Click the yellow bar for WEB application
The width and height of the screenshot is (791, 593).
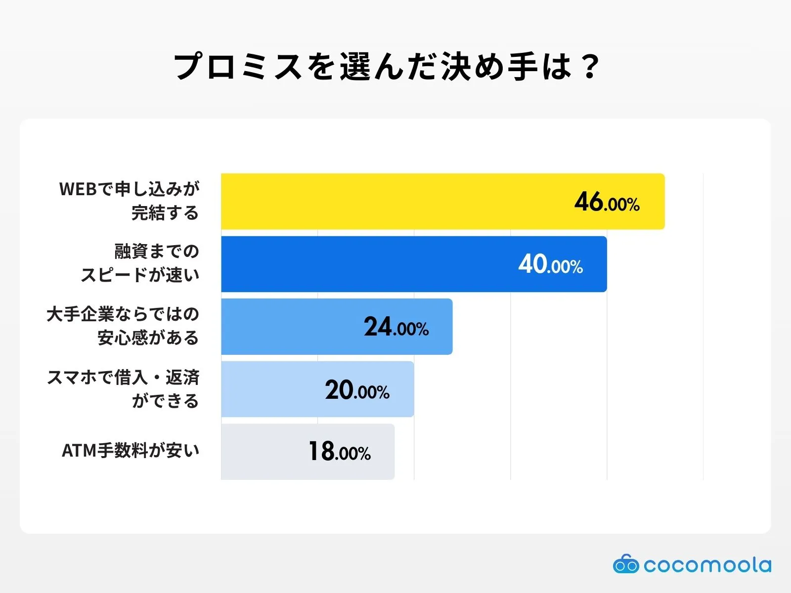coord(395,201)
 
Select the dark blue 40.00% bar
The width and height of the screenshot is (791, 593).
coord(366,264)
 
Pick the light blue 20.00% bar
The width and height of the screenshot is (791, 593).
coord(272,389)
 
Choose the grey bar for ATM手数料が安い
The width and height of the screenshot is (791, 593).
coord(262,452)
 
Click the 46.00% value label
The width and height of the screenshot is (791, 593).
coord(607,202)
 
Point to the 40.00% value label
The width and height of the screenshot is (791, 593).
coord(550,264)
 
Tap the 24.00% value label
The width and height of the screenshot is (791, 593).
coord(396,327)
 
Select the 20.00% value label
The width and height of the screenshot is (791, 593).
coord(357,390)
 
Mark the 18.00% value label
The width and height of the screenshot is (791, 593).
coord(339,452)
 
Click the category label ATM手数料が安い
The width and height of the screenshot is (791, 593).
coord(131,451)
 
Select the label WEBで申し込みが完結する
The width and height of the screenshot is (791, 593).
coord(130,201)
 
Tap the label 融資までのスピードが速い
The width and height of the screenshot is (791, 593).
coord(140,263)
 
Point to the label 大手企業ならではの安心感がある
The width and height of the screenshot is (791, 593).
coord(123,326)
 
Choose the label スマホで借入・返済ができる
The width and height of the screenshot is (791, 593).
coord(123,389)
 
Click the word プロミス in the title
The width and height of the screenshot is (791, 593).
coord(238,67)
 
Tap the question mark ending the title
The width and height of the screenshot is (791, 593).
coord(590,67)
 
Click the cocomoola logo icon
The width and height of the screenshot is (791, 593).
coord(625,564)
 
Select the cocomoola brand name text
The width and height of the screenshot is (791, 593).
coord(707,565)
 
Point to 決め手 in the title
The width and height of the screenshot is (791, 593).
coord(489,67)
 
